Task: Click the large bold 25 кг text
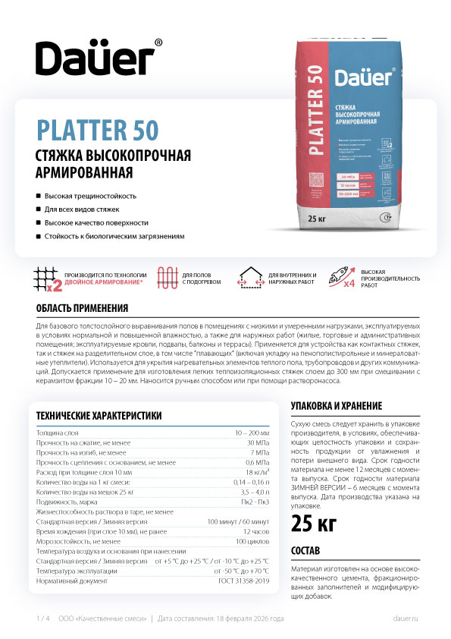pos(315,523)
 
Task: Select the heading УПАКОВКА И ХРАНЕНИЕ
pos(336,405)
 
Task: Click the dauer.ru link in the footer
pos(406,619)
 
